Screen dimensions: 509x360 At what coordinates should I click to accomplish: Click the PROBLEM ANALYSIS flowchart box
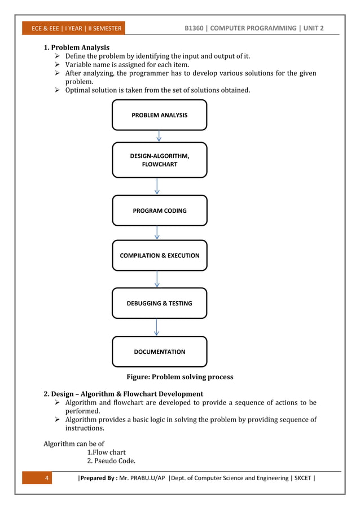tap(159, 115)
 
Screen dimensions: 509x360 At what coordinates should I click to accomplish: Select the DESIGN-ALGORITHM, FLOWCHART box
tap(159, 160)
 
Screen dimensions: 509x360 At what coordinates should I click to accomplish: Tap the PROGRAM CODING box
tap(159, 210)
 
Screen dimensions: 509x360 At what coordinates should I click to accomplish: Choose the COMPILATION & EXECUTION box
tap(159, 256)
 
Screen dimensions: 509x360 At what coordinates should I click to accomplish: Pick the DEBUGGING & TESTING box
tap(159, 303)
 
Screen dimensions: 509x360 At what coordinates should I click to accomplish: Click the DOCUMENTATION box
tap(159, 352)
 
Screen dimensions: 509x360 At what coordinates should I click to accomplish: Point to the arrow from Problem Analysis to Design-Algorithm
tap(159, 136)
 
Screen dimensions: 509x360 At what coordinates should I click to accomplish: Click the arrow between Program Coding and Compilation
tap(157, 233)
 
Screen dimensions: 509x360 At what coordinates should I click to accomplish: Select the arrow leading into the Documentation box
tap(156, 327)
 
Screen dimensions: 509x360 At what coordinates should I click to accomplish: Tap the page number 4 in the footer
tap(47, 479)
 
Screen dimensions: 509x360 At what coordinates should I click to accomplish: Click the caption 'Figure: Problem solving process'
tap(179, 377)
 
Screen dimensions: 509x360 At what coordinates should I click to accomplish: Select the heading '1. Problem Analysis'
tap(77, 47)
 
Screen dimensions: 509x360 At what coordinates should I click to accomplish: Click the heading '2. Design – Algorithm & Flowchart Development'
tap(124, 393)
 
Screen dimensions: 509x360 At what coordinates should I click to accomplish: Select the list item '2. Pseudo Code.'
tap(111, 461)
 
